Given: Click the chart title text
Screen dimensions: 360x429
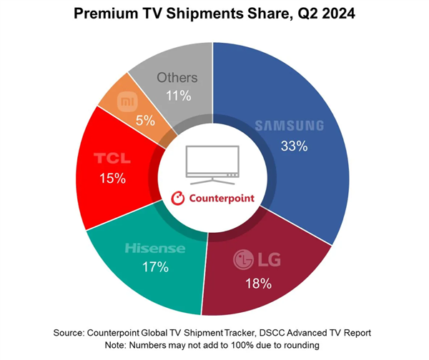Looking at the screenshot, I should click(x=214, y=16).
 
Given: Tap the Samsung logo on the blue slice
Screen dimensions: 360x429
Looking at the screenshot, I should click(x=290, y=126).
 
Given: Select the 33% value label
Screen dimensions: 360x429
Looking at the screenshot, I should click(x=294, y=146).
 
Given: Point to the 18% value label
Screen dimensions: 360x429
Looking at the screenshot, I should click(x=258, y=284).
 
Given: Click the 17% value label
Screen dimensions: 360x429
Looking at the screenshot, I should click(x=155, y=268).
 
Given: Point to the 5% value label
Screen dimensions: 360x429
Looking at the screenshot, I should click(x=145, y=121).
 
